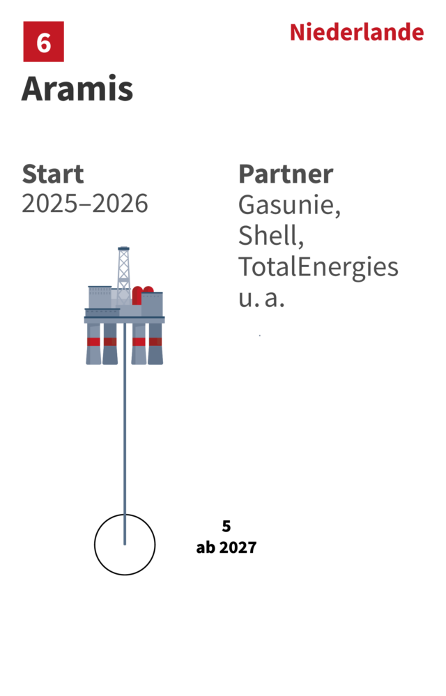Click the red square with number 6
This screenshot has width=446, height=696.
pos(43,41)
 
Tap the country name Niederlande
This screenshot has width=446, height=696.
pos(357,32)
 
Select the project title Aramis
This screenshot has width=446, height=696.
pos(77,89)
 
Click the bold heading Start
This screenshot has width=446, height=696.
pos(53,174)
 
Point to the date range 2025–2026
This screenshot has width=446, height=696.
pos(85,204)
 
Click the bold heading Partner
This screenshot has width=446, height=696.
pos(286,174)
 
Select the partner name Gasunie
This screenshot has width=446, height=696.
pos(289,205)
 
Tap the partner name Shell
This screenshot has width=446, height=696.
pos(271,235)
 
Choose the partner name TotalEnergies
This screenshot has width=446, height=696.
pos(318,268)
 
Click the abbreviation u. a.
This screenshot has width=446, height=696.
pos(261,298)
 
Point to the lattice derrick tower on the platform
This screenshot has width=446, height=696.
pos(123,275)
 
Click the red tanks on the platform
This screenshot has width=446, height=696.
pos(143,296)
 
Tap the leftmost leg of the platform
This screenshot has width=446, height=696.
pos(93,344)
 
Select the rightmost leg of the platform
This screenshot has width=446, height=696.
pos(155,344)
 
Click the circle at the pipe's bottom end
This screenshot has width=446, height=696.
pos(125,544)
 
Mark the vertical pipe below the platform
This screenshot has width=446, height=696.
pos(125,434)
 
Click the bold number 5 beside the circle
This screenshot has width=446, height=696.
pos(226,526)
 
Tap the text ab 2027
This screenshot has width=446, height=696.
pos(226,547)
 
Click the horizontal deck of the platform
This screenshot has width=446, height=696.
pos(124,319)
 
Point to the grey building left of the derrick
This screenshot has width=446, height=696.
pos(100,297)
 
